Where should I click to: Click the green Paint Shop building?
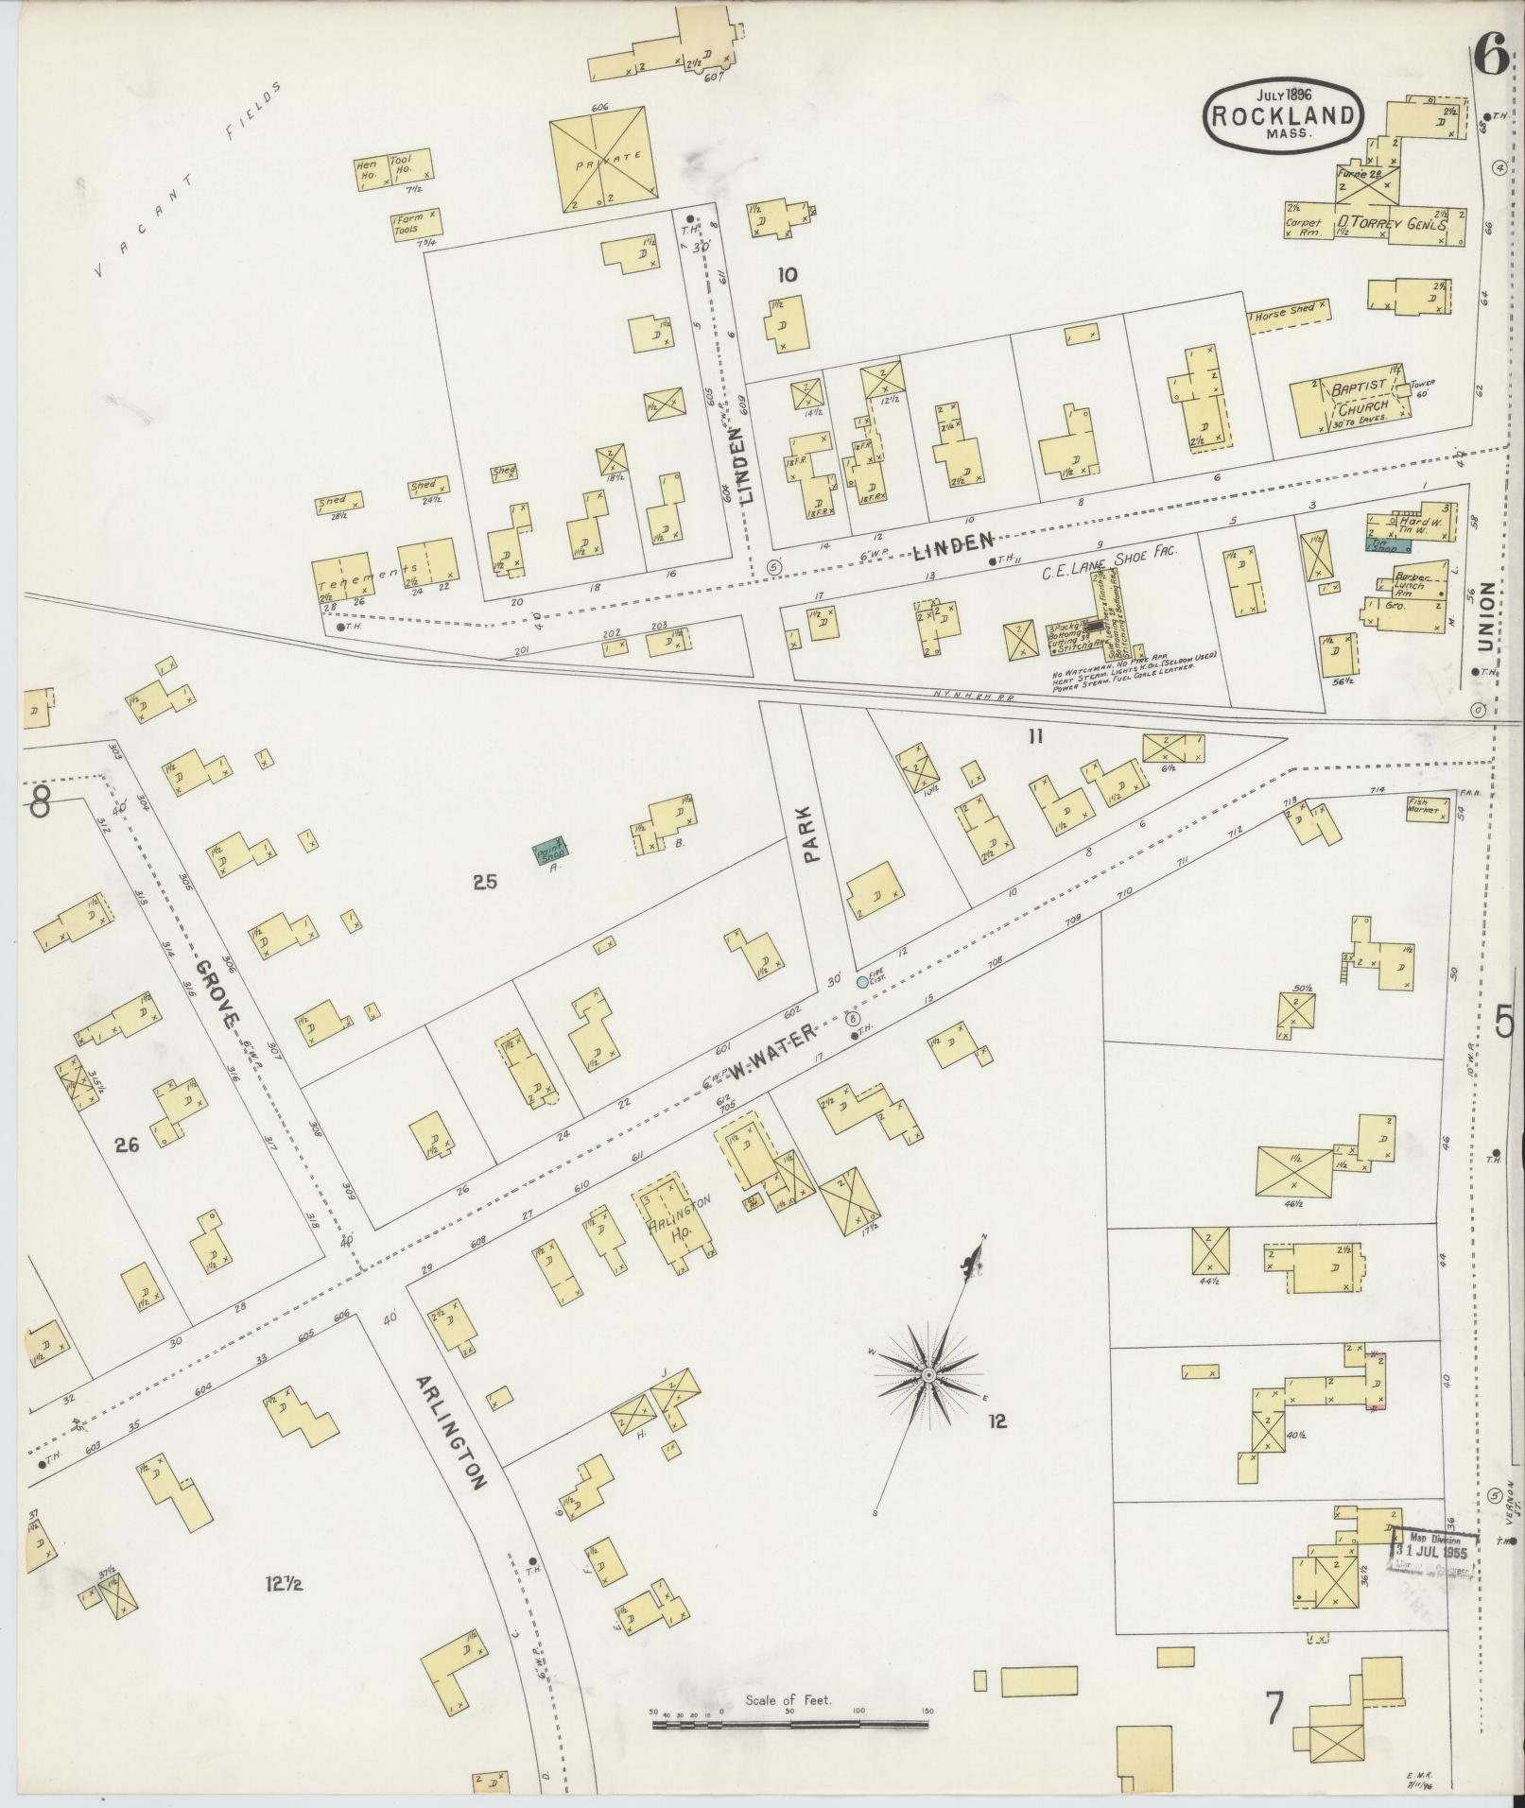548,852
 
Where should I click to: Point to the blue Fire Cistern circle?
862,982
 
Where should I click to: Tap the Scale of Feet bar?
789,1725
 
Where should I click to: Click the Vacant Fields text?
188,179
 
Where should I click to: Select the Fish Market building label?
1424,806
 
